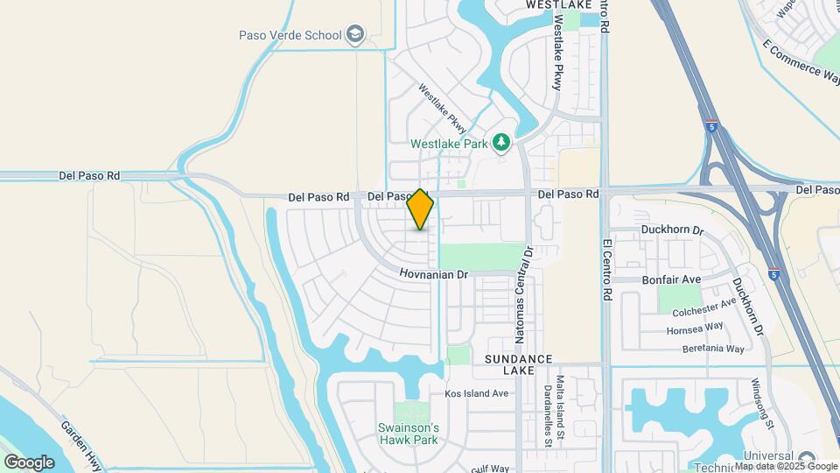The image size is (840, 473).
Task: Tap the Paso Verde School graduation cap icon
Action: (355, 35)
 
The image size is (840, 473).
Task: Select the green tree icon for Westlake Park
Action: (501, 142)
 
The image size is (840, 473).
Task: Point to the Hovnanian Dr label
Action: (435, 275)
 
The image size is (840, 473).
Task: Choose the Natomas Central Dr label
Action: (524, 294)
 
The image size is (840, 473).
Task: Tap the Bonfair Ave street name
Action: (673, 279)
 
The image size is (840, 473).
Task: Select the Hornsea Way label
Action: (694, 326)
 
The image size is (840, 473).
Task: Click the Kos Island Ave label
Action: (476, 393)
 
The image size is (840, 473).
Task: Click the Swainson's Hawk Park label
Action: (407, 434)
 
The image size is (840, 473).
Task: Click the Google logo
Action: (29, 462)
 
